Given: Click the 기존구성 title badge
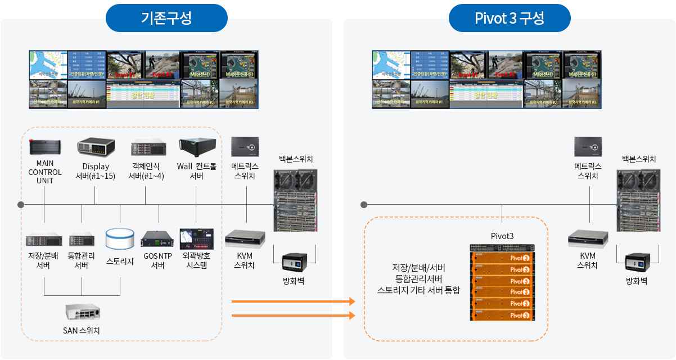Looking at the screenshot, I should pyautogui.click(x=166, y=18).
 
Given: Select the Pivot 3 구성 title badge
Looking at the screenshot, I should pyautogui.click(x=510, y=18).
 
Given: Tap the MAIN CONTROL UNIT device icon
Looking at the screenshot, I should pyautogui.click(x=44, y=147).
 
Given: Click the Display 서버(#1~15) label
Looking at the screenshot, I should pyautogui.click(x=96, y=172).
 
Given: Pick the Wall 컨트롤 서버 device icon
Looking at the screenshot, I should pyautogui.click(x=196, y=146).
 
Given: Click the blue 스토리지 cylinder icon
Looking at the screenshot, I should pyautogui.click(x=120, y=238).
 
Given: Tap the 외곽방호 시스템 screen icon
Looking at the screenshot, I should pyautogui.click(x=196, y=238).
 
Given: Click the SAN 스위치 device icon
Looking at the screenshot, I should pyautogui.click(x=82, y=312).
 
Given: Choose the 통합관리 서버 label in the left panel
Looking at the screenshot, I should pyautogui.click(x=82, y=260).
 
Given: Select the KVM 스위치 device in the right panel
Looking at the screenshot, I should pyautogui.click(x=588, y=239).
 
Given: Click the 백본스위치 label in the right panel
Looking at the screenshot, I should pyautogui.click(x=639, y=159).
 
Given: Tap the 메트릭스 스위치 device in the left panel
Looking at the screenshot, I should pyautogui.click(x=245, y=146).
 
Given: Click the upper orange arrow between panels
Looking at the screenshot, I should pyautogui.click(x=293, y=302).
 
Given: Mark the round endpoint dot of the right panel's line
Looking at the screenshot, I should pyautogui.click(x=364, y=204).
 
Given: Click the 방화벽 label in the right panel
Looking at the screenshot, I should pyautogui.click(x=637, y=281).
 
